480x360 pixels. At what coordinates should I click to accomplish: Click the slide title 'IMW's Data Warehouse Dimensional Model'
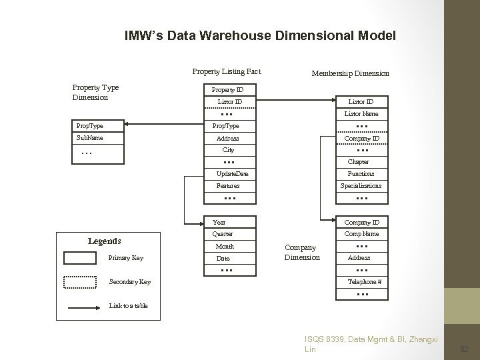coord(260,35)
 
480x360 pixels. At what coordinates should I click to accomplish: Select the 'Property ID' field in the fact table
coord(227,89)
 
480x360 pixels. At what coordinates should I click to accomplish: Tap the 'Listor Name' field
coord(361,114)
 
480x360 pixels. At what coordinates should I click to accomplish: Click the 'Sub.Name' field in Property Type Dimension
coord(90,138)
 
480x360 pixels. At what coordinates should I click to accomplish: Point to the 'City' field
coord(228,150)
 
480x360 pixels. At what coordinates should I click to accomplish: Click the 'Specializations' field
coord(361,186)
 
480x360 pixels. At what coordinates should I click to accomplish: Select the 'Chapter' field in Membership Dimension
coord(358,162)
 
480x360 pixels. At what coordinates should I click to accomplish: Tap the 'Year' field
coord(219,223)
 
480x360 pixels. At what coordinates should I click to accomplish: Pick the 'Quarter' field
coord(223,234)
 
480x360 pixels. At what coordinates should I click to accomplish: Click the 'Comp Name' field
coord(362,234)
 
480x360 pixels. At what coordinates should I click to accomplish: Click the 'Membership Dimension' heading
coord(350,73)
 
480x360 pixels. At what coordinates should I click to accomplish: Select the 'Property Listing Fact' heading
coord(227,71)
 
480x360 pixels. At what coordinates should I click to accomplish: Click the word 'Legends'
coord(105,241)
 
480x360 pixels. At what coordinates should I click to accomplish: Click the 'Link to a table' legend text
coord(128,306)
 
